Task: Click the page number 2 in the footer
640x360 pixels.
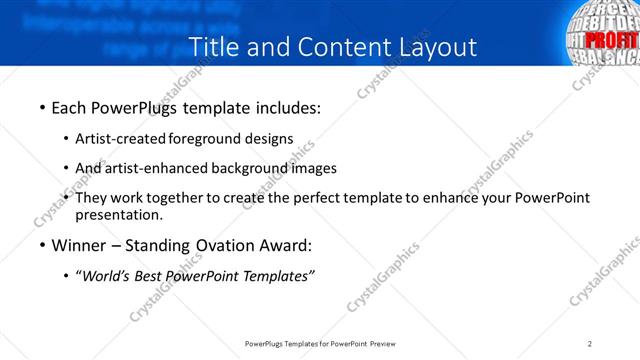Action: click(590, 343)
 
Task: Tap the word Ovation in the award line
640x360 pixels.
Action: click(221, 245)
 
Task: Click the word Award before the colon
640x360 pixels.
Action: click(281, 245)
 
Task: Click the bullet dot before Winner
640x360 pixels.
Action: click(42, 245)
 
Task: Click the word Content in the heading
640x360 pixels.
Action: click(336, 46)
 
